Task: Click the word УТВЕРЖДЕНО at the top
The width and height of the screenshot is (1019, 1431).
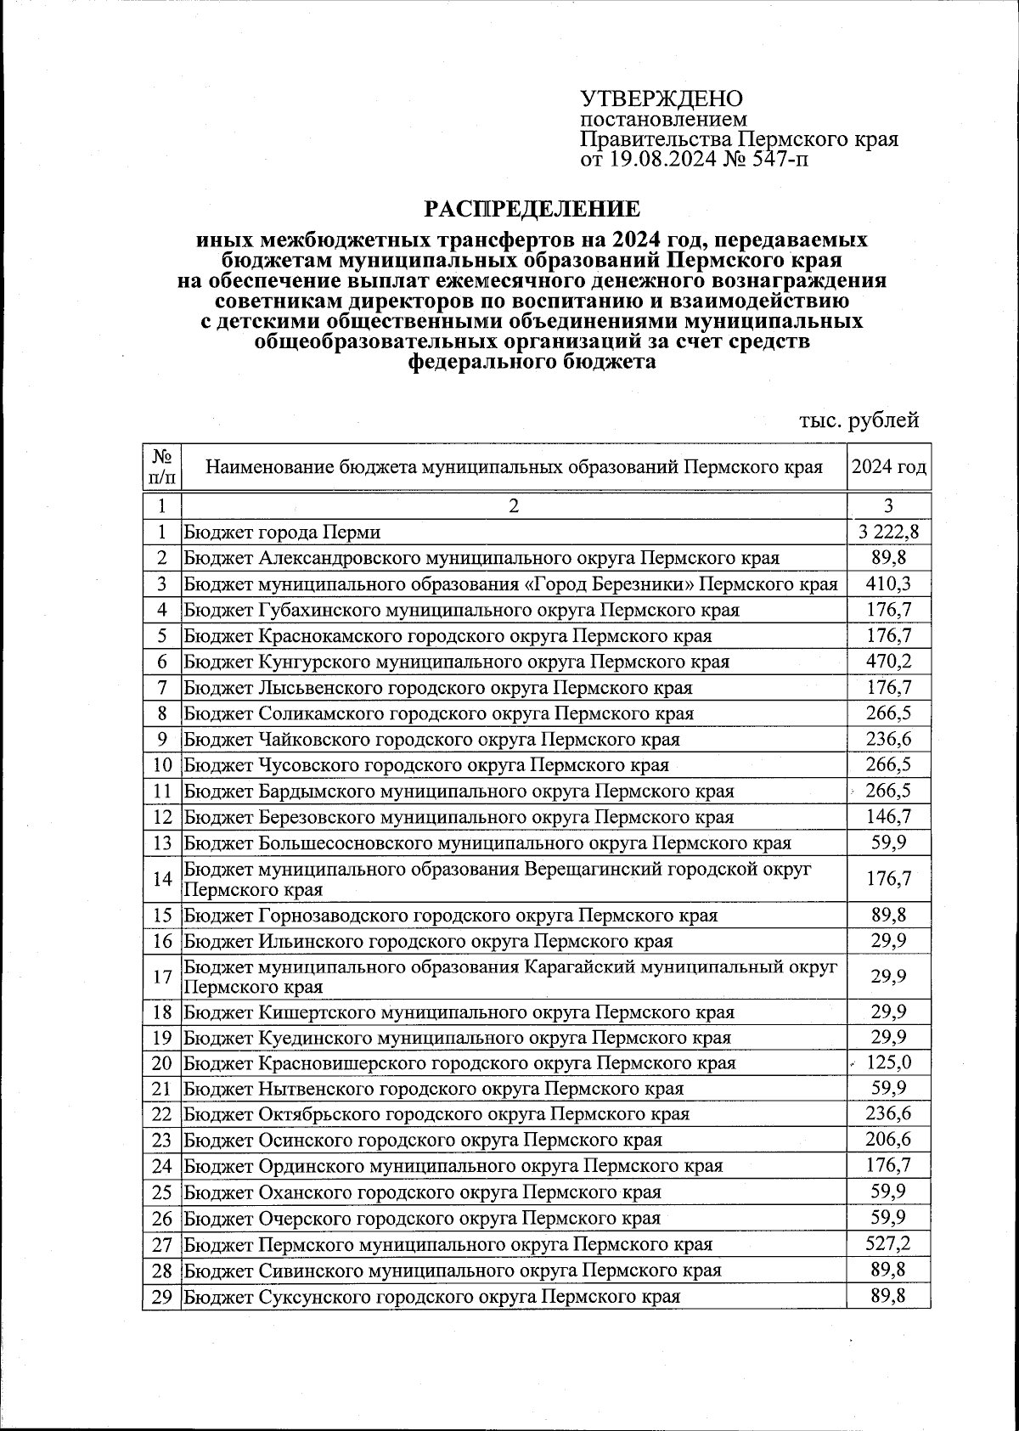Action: point(661,99)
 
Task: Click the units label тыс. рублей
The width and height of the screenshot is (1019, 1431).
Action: point(859,420)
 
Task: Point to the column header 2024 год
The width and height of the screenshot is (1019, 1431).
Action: point(888,467)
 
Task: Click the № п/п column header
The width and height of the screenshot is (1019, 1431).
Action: point(161,467)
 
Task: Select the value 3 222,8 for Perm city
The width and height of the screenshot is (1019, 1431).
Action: point(888,532)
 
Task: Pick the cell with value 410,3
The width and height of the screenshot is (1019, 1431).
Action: point(888,584)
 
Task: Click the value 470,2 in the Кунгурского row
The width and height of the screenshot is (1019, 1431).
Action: point(888,662)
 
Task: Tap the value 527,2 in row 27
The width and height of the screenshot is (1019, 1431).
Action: point(888,1244)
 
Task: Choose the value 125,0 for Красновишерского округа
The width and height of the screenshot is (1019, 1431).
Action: point(888,1063)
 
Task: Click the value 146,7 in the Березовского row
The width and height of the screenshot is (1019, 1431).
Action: point(888,817)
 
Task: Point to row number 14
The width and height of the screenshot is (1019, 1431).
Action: point(162,879)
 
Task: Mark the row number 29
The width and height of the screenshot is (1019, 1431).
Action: point(162,1297)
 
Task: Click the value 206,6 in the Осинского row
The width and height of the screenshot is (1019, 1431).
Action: point(888,1140)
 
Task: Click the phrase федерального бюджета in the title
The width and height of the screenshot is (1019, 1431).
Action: point(532,363)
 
